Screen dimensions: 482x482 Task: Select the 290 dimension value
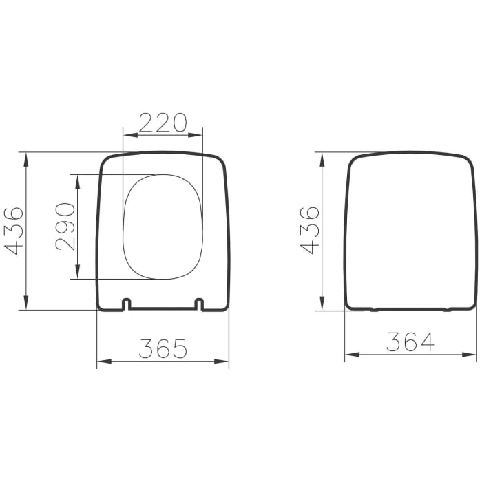click(x=65, y=227)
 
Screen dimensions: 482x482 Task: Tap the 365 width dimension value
click(x=163, y=348)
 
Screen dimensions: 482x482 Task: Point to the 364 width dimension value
click(x=410, y=342)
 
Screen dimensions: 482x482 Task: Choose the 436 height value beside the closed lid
click(x=311, y=230)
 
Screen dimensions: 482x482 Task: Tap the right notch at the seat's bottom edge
click(x=199, y=304)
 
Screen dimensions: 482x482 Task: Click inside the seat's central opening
click(x=163, y=227)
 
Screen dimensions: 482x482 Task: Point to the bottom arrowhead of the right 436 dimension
click(x=322, y=306)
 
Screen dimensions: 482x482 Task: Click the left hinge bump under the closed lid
click(x=374, y=309)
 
